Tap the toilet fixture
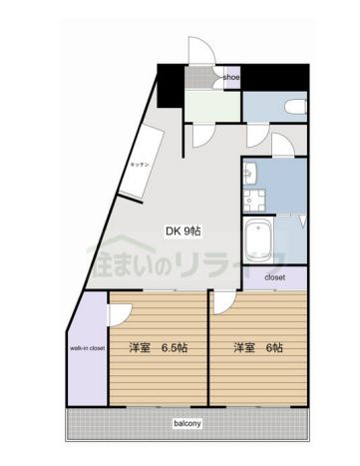(x=296, y=106)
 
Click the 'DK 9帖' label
(x=182, y=231)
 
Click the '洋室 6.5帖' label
(x=159, y=347)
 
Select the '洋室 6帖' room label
(x=257, y=347)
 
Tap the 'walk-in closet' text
(x=88, y=348)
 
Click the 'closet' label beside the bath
(x=275, y=276)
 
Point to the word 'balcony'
(x=187, y=423)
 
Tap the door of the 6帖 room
(x=221, y=304)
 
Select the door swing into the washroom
(x=281, y=147)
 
